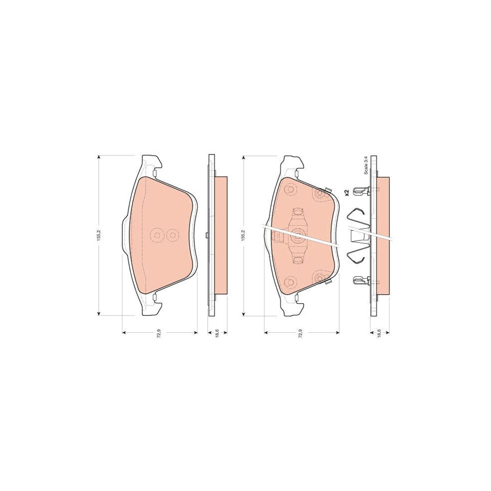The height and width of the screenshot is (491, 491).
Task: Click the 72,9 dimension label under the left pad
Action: tap(159, 336)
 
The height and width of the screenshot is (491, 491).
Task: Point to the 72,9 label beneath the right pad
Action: tap(301, 336)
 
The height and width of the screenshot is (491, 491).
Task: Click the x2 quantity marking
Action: tap(346, 191)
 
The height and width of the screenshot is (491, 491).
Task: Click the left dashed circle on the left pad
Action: tap(156, 235)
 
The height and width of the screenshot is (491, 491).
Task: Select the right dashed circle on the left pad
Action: tap(172, 235)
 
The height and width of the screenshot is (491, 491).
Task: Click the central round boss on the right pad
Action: tap(298, 235)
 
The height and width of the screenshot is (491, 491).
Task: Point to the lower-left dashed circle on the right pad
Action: tap(289, 282)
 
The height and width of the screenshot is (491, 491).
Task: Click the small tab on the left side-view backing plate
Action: tap(206, 235)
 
